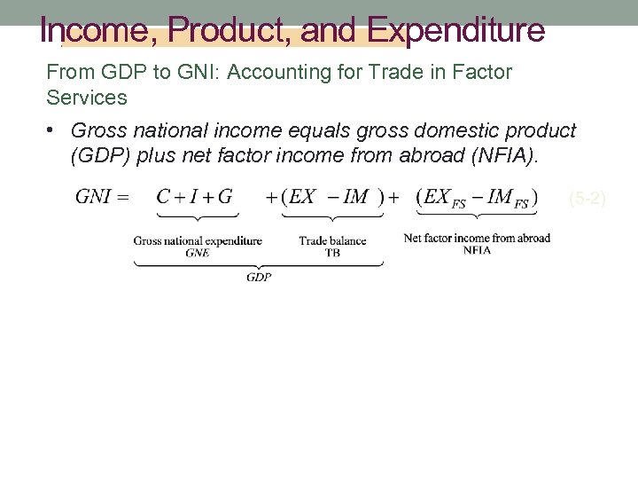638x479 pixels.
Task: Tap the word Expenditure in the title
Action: click(x=456, y=31)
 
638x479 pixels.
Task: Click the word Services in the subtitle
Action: click(x=87, y=97)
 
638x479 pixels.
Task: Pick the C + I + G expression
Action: click(x=194, y=197)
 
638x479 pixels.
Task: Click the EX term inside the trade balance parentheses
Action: click(x=303, y=197)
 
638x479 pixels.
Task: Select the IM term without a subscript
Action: click(x=355, y=197)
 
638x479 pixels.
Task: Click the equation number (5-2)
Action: click(x=587, y=199)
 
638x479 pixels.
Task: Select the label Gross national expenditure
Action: click(x=198, y=240)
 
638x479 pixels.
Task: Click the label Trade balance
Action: click(x=332, y=240)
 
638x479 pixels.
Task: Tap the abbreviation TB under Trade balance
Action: click(x=332, y=252)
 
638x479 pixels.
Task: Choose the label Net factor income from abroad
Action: click(x=477, y=238)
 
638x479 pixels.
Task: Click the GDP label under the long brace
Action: click(x=259, y=277)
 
